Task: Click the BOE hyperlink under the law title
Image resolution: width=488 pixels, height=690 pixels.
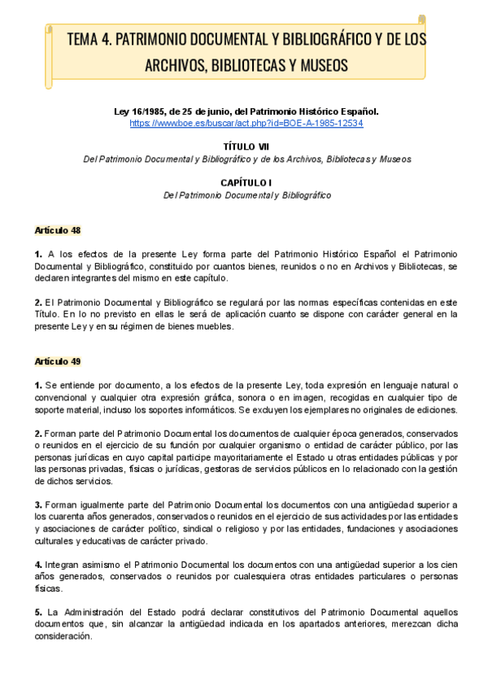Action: [246, 123]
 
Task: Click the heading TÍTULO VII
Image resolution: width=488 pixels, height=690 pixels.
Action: [247, 146]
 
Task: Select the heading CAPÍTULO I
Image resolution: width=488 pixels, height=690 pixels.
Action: [247, 183]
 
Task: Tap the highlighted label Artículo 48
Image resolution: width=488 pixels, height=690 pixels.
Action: [58, 231]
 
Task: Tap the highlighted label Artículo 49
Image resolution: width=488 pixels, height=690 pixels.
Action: [58, 360]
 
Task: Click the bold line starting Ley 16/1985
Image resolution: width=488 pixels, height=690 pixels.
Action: [246, 111]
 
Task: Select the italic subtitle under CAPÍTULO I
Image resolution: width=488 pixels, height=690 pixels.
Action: [247, 195]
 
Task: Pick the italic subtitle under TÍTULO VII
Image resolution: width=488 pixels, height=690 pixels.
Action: [247, 159]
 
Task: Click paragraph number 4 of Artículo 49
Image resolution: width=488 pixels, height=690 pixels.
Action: [37, 564]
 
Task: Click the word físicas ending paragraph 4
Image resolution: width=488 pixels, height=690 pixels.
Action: [49, 588]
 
